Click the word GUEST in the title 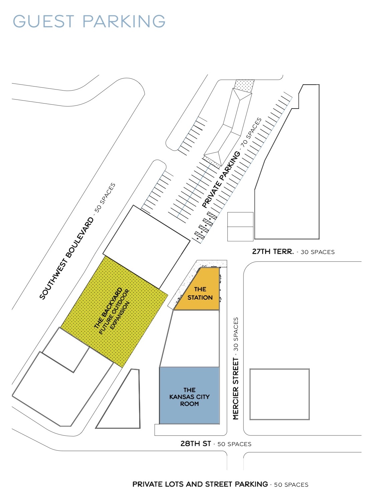[43, 21]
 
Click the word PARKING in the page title [124, 21]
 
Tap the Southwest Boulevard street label [66, 258]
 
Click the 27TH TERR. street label [273, 251]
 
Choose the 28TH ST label [195, 443]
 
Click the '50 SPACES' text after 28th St [234, 444]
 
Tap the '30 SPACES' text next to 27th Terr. [318, 252]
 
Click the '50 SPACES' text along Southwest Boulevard [105, 197]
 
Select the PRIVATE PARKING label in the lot [221, 179]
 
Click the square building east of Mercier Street [279, 394]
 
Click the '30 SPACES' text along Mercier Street [236, 334]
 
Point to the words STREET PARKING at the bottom [236, 484]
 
